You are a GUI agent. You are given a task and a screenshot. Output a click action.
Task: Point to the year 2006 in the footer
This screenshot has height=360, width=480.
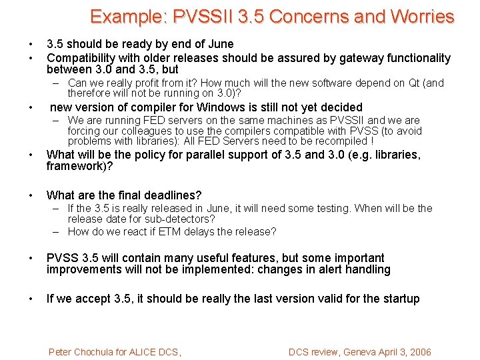pyautogui.click(x=418, y=352)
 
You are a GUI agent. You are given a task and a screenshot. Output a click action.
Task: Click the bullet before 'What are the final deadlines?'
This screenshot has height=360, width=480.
pyautogui.click(x=31, y=195)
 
